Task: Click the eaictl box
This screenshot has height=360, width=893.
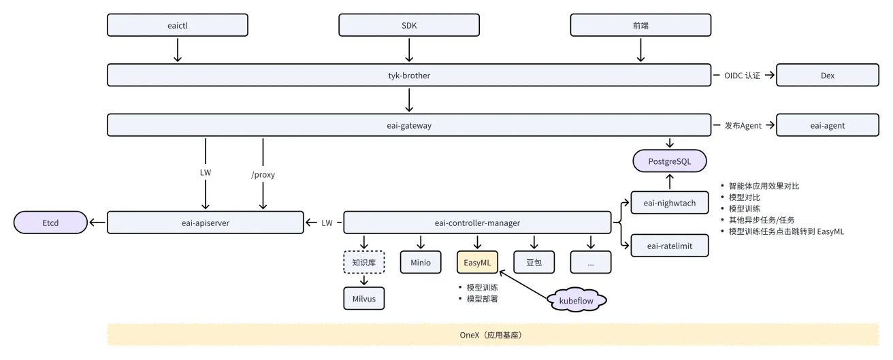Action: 177,25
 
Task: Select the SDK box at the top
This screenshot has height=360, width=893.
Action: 409,25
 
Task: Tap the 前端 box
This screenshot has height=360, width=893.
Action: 640,25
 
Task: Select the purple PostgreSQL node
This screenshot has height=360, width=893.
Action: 670,162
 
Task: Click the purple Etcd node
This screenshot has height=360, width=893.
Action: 50,223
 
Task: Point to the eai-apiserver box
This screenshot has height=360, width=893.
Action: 206,223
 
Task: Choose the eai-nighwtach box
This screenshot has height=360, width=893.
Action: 669,203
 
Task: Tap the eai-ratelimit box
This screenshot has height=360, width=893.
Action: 669,246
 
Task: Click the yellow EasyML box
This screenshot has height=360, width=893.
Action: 477,262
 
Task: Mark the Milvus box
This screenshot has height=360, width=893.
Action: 363,298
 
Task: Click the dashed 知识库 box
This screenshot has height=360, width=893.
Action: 363,262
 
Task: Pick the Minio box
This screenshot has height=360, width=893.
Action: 420,262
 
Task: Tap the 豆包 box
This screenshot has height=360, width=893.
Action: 534,262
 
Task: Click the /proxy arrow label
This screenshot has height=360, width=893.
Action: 263,174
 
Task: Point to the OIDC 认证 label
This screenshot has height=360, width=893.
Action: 737,76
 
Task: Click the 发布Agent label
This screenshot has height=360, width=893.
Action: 738,125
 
